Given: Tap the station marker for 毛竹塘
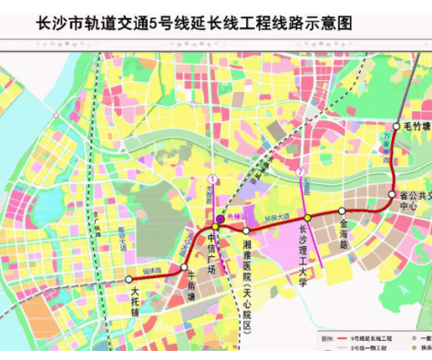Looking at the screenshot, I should [x=396, y=126].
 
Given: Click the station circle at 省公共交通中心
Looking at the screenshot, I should [x=392, y=195].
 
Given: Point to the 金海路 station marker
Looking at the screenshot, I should [x=342, y=211].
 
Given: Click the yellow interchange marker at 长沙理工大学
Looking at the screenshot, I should [x=308, y=218].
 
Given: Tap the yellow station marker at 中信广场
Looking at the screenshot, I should [x=216, y=225].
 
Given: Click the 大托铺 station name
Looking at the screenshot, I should [x=135, y=300].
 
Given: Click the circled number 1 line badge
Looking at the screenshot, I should [x=211, y=178].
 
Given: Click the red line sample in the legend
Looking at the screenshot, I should [x=338, y=336].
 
